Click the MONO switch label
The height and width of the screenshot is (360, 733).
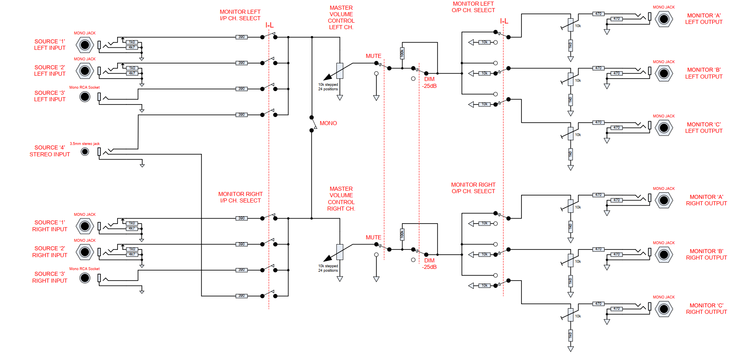pyautogui.click(x=328, y=123)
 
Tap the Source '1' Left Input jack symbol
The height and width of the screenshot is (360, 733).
pyautogui.click(x=85, y=45)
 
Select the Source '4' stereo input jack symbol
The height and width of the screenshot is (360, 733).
pyautogui.click(x=85, y=151)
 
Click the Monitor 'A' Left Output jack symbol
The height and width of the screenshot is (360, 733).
pyautogui.click(x=664, y=19)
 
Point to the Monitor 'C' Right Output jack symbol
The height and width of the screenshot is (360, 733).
pyautogui.click(x=664, y=309)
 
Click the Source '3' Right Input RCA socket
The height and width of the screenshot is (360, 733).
pyautogui.click(x=85, y=278)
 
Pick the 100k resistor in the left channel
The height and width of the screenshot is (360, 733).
pyautogui.click(x=402, y=53)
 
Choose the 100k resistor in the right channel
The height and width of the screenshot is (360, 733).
pyautogui.click(x=402, y=234)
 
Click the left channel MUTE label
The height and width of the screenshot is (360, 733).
pyautogui.click(x=373, y=56)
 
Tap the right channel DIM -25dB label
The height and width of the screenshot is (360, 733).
pyautogui.click(x=430, y=264)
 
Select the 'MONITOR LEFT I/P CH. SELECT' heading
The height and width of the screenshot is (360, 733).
pyautogui.click(x=240, y=15)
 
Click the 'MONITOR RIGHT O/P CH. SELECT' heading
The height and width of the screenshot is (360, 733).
pyautogui.click(x=473, y=188)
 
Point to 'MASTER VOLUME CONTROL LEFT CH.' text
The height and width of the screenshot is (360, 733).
pyautogui.click(x=341, y=17)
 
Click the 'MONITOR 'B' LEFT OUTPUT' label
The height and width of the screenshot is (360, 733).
pyautogui.click(x=704, y=73)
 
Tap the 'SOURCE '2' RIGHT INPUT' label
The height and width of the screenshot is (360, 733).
pyautogui.click(x=50, y=251)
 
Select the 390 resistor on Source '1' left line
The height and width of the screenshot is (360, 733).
pyautogui.click(x=241, y=37)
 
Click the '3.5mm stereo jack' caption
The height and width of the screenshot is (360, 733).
pyautogui.click(x=85, y=144)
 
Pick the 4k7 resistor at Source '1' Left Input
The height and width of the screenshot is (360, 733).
pyautogui.click(x=132, y=47)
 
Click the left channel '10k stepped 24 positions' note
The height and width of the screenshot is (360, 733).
pyautogui.click(x=328, y=87)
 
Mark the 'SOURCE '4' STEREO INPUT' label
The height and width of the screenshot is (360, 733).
pyautogui.click(x=50, y=151)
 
